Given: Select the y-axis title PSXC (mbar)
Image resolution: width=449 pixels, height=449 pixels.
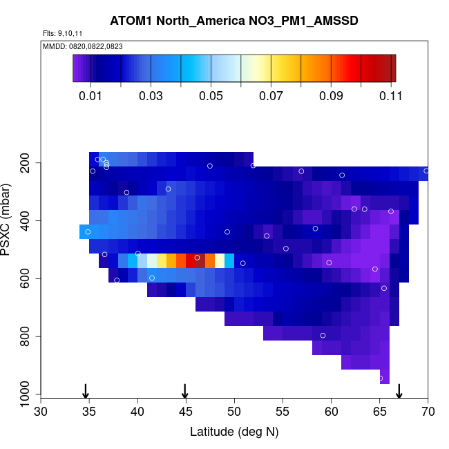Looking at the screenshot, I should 8,220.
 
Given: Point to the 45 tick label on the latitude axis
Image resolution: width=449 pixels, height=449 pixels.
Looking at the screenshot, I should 186,412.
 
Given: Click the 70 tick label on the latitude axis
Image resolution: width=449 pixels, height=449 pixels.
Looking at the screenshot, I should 428,412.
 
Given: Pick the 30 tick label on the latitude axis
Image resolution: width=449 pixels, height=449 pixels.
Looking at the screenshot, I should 41,412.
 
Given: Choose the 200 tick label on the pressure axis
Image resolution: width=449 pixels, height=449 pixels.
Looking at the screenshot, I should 27,163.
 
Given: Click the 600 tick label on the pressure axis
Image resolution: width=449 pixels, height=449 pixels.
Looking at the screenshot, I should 27,278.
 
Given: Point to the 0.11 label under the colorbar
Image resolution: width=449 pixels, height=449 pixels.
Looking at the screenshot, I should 391,96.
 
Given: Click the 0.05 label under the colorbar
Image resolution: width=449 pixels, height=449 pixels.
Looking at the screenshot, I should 211,96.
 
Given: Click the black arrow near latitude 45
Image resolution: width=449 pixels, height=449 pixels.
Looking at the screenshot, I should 185,390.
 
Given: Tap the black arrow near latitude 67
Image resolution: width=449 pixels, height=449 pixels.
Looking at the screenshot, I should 399,390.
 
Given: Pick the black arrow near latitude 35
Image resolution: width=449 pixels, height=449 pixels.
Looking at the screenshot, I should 86,390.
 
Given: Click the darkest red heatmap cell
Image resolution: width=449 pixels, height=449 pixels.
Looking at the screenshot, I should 200,260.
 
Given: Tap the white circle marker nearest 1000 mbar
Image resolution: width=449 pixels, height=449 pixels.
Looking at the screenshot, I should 381,379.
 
